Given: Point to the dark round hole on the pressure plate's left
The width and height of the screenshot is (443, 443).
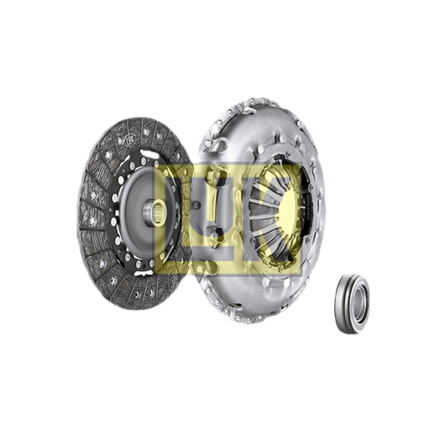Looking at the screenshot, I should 195,205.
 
